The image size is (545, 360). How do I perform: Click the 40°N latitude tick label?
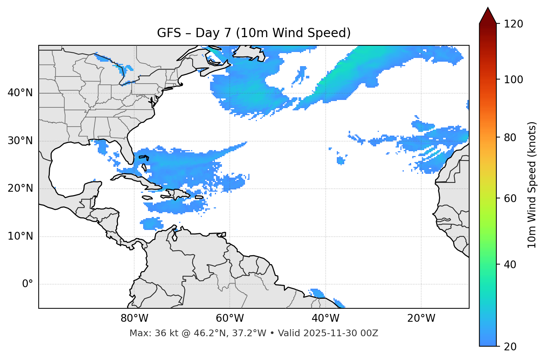(x=20, y=93)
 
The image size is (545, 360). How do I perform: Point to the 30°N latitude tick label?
(x=20, y=141)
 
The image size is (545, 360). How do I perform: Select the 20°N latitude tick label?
(x=20, y=188)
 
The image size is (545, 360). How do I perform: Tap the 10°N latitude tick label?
(x=20, y=236)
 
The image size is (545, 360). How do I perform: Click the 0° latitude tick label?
(x=27, y=284)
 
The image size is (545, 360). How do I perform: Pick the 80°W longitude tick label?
(x=134, y=318)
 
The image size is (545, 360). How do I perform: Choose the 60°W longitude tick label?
(x=230, y=318)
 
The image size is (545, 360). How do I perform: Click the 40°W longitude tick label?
(x=325, y=318)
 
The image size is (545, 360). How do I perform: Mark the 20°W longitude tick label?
(x=421, y=318)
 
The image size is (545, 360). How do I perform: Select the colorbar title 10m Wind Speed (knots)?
(x=532, y=185)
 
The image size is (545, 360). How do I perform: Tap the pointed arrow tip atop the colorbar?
(x=488, y=8)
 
